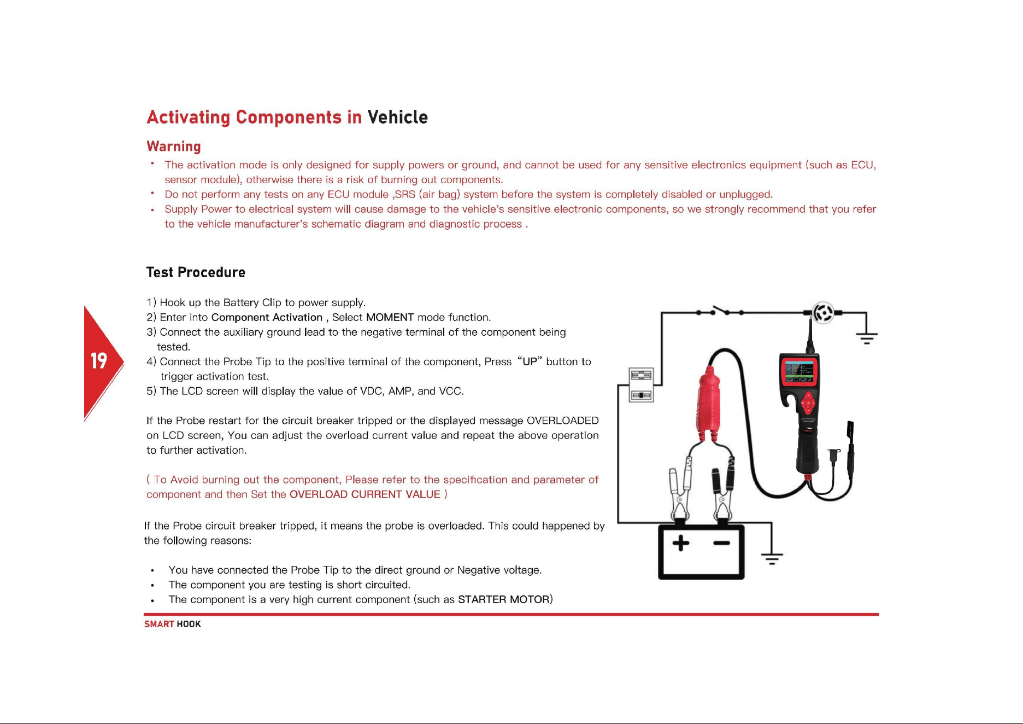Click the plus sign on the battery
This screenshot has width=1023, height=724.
pyautogui.click(x=680, y=543)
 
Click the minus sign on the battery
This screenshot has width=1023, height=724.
pyautogui.click(x=721, y=543)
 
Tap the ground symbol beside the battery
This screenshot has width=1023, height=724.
pyautogui.click(x=772, y=558)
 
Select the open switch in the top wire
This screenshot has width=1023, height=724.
pyautogui.click(x=720, y=312)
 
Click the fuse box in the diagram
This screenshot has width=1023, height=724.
pyautogui.click(x=641, y=385)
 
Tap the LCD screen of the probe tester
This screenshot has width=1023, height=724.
pyautogui.click(x=799, y=371)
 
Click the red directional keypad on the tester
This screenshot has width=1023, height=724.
pyautogui.click(x=808, y=405)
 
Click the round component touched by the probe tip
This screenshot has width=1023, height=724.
pyautogui.click(x=823, y=313)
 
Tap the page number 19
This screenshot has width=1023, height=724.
pyautogui.click(x=99, y=361)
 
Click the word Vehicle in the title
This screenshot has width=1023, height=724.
pyautogui.click(x=397, y=117)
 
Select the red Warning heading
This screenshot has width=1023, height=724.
pyautogui.click(x=174, y=147)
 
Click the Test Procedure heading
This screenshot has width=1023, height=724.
pyautogui.click(x=196, y=272)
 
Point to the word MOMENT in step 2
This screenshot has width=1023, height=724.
pyautogui.click(x=390, y=317)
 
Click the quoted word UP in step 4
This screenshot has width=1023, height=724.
pyautogui.click(x=531, y=361)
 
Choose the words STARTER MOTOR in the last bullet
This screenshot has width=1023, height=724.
pyautogui.click(x=503, y=599)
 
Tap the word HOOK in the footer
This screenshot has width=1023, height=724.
pyautogui.click(x=189, y=624)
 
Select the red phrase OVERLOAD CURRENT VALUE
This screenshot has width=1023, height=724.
pyautogui.click(x=364, y=494)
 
